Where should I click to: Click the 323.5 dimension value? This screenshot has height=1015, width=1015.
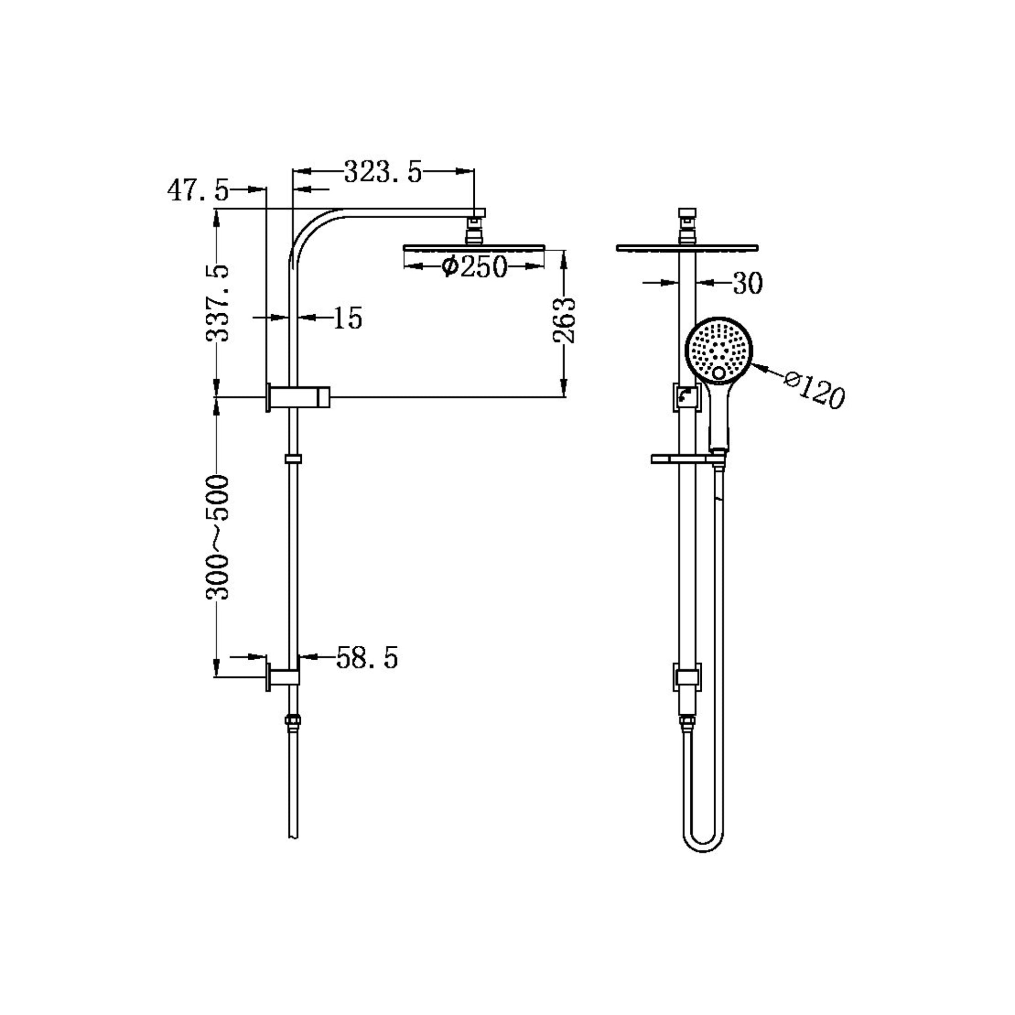tap(383, 171)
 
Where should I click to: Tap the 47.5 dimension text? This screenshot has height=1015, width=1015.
tap(198, 191)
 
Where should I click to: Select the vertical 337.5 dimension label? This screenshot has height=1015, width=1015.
tap(217, 304)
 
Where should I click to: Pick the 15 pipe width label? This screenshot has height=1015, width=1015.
tap(348, 318)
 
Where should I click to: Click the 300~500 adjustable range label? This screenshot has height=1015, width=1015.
tap(217, 537)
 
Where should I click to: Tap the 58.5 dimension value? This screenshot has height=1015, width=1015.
tap(367, 657)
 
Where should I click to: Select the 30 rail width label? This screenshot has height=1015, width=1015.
tap(747, 283)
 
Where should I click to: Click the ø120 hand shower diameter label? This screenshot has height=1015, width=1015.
tap(814, 391)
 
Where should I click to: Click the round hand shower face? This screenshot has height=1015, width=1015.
tap(719, 349)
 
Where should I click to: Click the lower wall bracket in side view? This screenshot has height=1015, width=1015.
tap(283, 677)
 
